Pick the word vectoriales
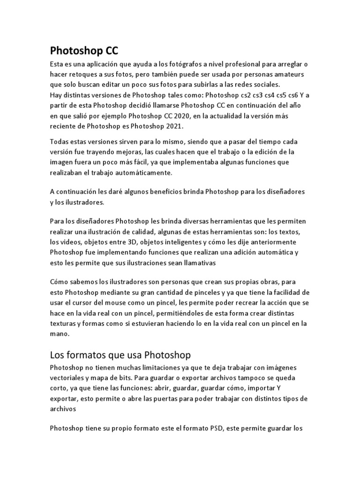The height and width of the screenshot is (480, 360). pyautogui.click(x=67, y=377)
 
